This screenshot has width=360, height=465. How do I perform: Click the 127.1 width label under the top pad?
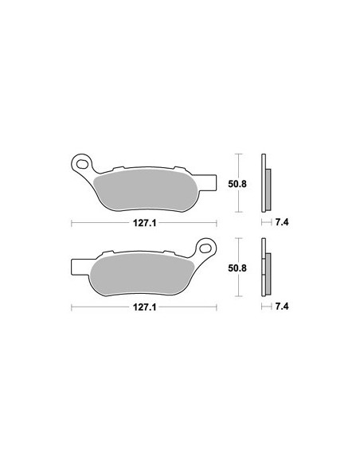[144, 223]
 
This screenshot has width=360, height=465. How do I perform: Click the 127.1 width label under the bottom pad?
[144, 307]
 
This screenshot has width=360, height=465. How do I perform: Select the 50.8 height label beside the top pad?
[237, 184]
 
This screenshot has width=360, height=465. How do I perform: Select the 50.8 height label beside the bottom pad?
[237, 268]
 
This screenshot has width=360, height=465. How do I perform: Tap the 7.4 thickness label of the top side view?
[282, 222]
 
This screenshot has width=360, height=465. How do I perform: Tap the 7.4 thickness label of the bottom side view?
[282, 307]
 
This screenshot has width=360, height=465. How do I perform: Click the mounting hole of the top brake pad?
[82, 164]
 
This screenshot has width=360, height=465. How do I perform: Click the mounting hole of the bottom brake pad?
[205, 248]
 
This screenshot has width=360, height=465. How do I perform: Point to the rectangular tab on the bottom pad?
[80, 266]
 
